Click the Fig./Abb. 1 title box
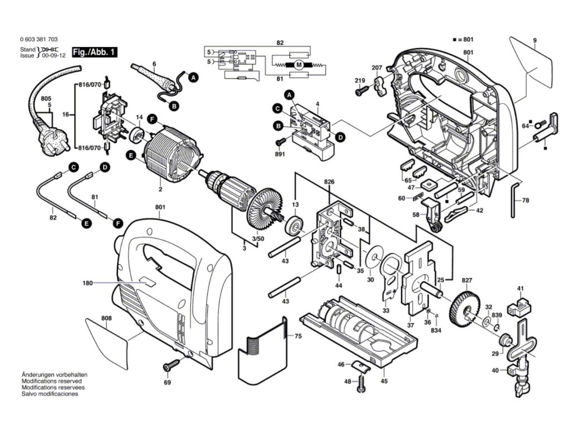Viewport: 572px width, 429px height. [94, 52]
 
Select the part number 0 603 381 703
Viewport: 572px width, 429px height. [39, 40]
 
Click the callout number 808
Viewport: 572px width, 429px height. [107, 318]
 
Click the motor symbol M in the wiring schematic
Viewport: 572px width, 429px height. [299, 65]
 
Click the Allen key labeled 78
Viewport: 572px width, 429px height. [514, 200]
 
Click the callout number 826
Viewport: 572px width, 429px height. [328, 182]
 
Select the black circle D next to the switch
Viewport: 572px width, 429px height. [340, 137]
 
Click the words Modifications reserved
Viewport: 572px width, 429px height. [51, 381]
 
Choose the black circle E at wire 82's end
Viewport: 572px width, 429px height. [87, 223]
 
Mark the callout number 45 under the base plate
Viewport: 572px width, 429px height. [384, 381]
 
